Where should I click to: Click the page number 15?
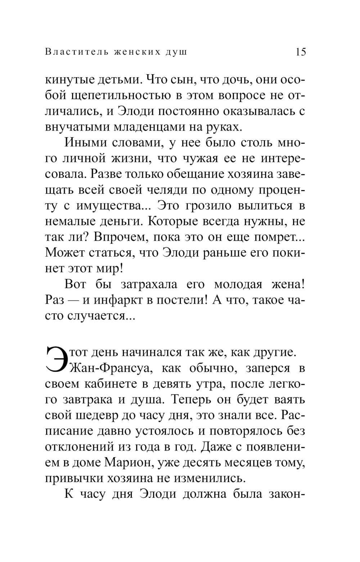[301, 52]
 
